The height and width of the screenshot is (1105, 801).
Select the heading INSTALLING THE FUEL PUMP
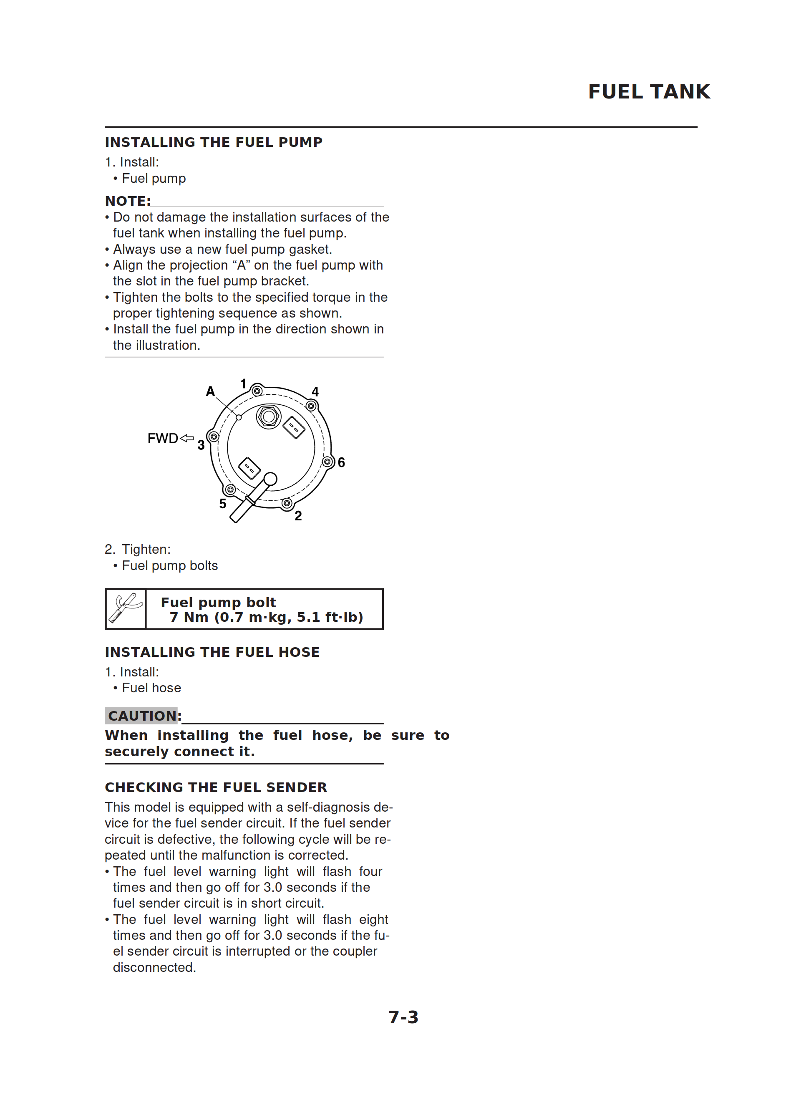point(214,142)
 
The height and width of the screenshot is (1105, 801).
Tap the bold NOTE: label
point(128,201)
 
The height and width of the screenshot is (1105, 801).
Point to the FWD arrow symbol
point(186,438)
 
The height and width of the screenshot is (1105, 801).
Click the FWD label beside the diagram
point(163,439)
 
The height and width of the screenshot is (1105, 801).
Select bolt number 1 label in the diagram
point(244,384)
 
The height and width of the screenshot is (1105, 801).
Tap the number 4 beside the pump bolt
point(315,392)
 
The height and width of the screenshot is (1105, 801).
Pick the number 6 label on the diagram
point(341,462)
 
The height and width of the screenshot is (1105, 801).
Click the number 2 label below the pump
point(298,515)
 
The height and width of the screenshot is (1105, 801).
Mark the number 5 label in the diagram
point(223,504)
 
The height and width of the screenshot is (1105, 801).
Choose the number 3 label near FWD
point(201,445)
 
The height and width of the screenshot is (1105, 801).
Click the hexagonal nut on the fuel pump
point(269,416)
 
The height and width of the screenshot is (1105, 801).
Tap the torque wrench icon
point(126,608)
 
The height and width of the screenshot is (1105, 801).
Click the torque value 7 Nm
point(189,617)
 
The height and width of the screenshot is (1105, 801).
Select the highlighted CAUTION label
point(142,716)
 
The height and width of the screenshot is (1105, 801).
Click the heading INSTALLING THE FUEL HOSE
point(212,652)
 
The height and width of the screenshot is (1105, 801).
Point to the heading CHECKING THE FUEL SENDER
point(216,787)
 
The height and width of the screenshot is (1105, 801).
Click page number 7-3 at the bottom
point(403,1017)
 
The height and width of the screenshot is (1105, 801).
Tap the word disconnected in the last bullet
point(154,967)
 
